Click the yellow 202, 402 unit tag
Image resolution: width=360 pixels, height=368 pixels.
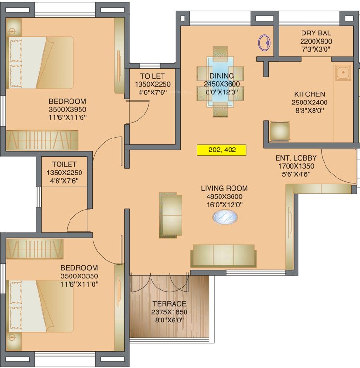coord(221,150)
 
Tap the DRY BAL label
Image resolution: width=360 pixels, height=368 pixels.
coord(316,33)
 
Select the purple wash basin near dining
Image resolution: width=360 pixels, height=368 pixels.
coord(264,43)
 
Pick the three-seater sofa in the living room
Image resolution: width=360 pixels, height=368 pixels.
coord(223,256)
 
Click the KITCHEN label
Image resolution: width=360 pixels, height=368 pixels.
coord(309,94)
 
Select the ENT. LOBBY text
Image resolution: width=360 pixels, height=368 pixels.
coord(294,158)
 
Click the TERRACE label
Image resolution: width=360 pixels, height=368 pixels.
coord(169,304)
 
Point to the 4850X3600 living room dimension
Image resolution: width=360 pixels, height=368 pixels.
coord(221,196)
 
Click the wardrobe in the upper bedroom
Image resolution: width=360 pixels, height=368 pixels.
coord(42,140)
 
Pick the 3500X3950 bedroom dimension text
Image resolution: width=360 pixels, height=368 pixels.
coord(68,109)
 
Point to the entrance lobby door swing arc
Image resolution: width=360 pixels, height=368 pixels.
coord(336,168)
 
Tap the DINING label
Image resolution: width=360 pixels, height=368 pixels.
coord(221,76)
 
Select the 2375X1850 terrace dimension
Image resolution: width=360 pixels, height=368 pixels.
coord(169,311)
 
